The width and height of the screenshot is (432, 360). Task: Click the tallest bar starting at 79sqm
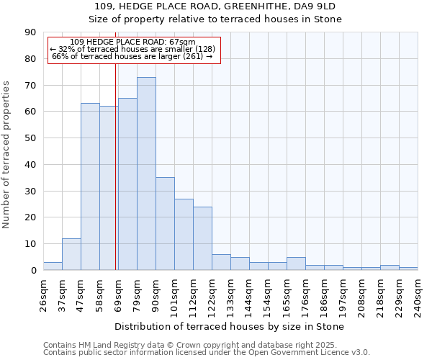coord(146,174)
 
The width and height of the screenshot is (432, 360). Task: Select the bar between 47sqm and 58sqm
coord(90,186)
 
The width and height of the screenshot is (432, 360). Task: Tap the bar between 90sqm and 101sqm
coord(165,224)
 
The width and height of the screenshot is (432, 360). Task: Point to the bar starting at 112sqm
coord(202,238)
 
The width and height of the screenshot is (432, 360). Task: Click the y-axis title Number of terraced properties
coord(7,155)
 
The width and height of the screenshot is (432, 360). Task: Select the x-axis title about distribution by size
coord(229,326)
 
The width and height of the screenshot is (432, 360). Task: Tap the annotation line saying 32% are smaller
coord(132,49)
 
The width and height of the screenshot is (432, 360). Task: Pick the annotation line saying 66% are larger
coord(132,56)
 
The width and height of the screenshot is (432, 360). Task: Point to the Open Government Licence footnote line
coord(207,353)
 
